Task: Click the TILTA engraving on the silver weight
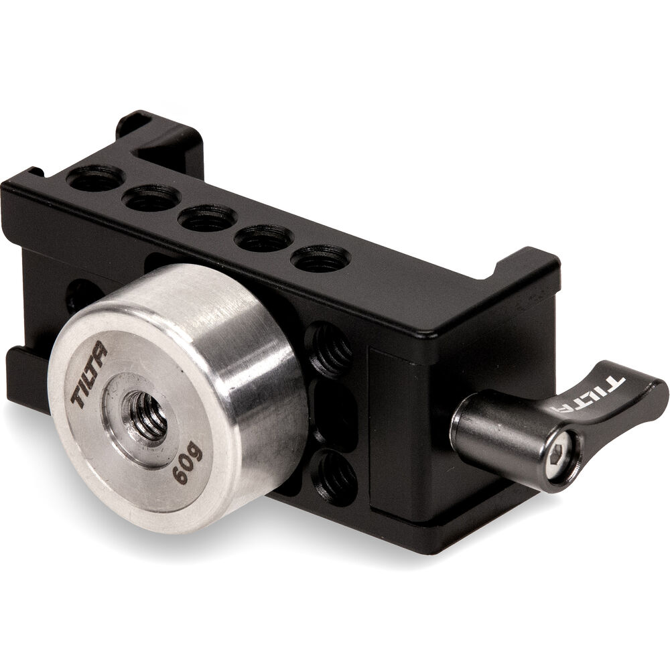point(89,375)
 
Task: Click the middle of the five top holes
point(208,218)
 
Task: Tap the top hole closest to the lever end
point(321,259)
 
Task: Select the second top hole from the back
point(151,198)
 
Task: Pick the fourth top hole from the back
point(264,239)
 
